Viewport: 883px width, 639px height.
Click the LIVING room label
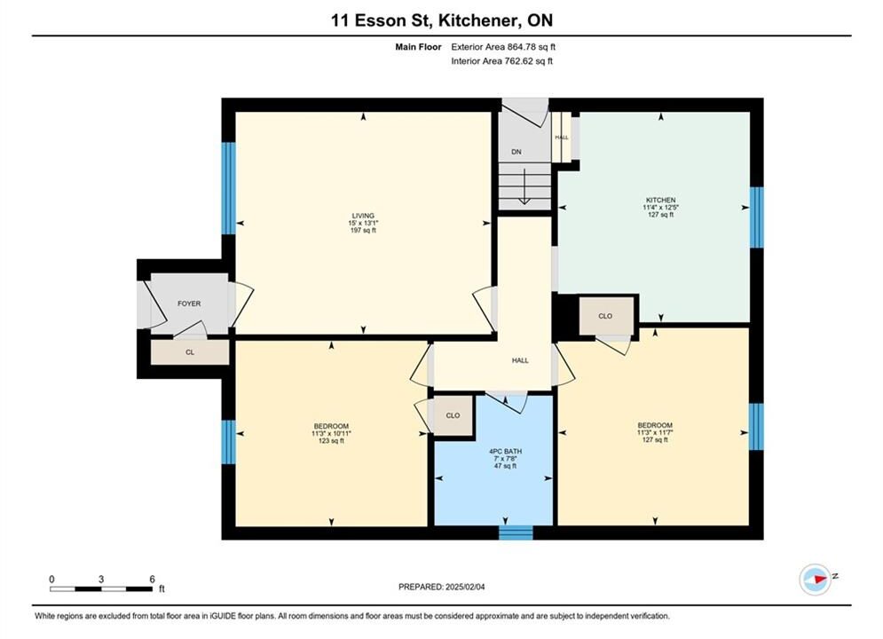click(x=363, y=216)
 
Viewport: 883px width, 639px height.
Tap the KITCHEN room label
click(x=660, y=200)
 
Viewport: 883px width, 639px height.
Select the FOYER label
click(x=189, y=304)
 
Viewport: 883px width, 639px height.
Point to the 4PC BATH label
click(x=505, y=452)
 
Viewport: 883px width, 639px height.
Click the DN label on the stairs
click(x=516, y=152)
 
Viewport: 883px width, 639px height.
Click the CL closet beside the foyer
click(x=190, y=352)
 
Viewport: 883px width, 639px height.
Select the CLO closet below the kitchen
click(x=606, y=316)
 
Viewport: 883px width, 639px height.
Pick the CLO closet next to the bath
click(x=453, y=415)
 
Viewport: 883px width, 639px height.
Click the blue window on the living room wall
click(x=228, y=188)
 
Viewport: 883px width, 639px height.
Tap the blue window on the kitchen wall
click(x=757, y=217)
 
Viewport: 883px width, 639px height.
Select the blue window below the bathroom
click(x=516, y=532)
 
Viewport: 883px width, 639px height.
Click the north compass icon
click(x=816, y=579)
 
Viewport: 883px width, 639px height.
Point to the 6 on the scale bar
click(x=152, y=579)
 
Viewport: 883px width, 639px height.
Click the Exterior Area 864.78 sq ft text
click(x=503, y=47)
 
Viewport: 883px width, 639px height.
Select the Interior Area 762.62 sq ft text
click(x=501, y=61)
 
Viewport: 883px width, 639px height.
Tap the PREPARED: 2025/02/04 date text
click(x=442, y=587)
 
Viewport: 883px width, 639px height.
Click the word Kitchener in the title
click(x=477, y=20)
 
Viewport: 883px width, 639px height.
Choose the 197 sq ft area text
click(x=363, y=230)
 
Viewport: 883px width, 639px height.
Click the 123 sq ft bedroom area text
click(x=331, y=441)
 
